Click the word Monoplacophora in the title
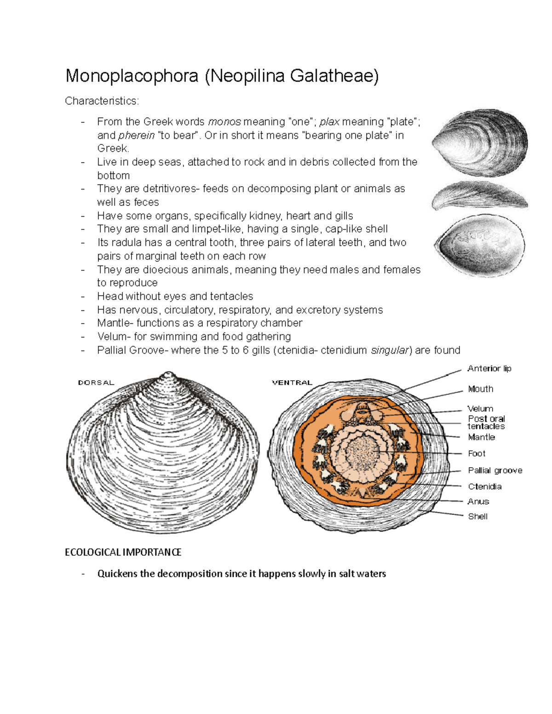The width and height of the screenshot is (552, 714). [132, 76]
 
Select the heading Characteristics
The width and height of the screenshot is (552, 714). [102, 101]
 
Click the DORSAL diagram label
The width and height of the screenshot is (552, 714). [96, 383]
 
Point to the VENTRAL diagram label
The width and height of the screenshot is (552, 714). [292, 383]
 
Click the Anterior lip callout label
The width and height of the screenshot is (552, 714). [489, 369]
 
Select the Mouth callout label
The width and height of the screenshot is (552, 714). [481, 389]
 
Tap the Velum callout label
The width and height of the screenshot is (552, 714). [480, 409]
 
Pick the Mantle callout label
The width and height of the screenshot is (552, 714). [481, 437]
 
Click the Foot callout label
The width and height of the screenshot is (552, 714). [477, 454]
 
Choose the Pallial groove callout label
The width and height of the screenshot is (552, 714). [495, 470]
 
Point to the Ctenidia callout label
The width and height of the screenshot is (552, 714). [485, 486]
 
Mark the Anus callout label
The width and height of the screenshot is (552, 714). [478, 502]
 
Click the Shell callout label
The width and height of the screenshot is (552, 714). [477, 516]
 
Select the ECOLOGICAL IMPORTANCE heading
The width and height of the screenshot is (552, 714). [123, 552]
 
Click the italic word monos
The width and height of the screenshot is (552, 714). [224, 122]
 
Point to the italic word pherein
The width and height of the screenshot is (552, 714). [136, 136]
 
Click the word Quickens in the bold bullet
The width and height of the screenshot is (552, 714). [117, 574]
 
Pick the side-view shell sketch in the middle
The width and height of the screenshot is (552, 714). [480, 195]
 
